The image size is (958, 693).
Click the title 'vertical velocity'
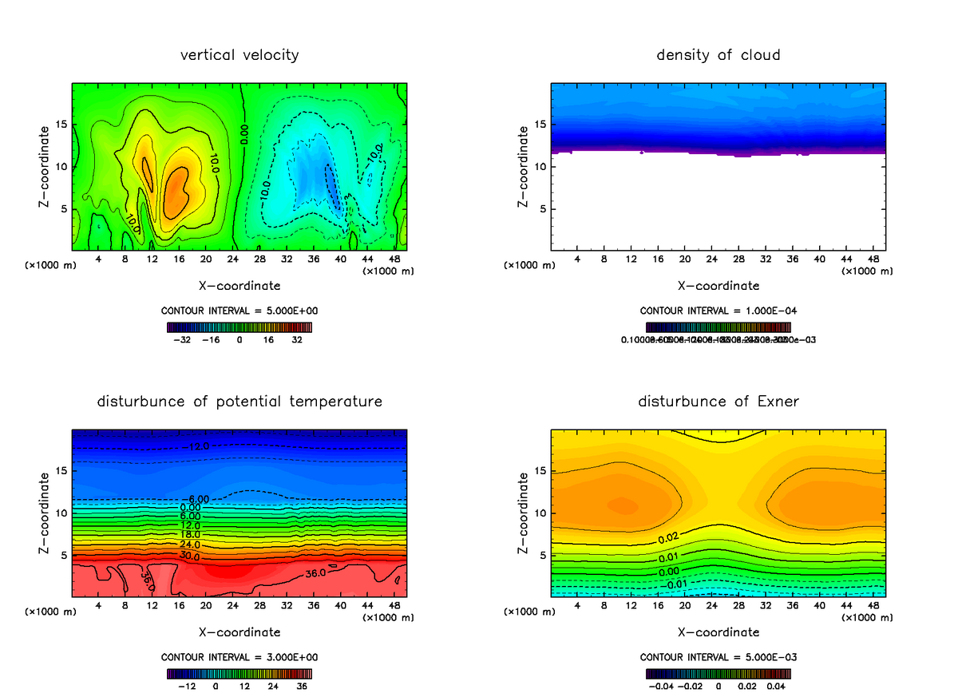click(239, 55)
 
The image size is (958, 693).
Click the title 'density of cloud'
click(718, 55)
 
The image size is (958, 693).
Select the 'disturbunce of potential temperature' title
click(239, 401)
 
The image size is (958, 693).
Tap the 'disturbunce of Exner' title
click(718, 401)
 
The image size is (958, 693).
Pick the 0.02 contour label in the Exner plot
click(670, 538)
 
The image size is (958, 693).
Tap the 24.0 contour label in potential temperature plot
click(190, 545)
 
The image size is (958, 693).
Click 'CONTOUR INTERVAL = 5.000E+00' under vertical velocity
click(239, 310)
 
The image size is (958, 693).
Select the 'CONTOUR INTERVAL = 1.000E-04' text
click(718, 311)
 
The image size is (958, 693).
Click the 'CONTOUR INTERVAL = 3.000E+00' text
click(239, 657)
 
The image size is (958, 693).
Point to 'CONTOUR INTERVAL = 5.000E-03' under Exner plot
click(718, 657)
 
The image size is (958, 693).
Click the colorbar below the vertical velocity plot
click(239, 327)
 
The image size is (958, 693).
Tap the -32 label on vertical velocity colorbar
click(184, 339)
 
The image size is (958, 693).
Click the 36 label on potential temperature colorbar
click(303, 685)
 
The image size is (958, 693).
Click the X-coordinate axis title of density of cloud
click(718, 286)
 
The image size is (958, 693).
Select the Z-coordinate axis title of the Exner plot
click(524, 513)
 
